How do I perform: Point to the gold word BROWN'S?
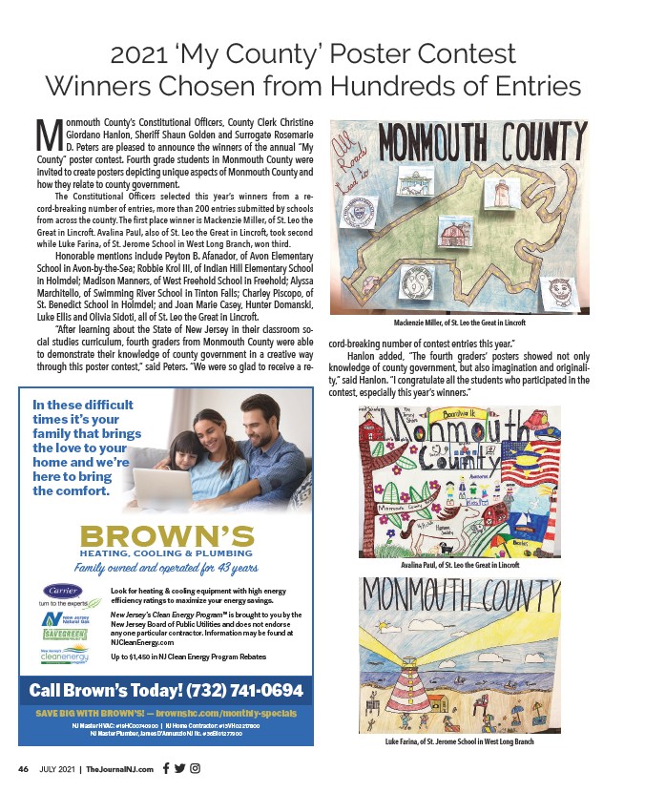point(167,535)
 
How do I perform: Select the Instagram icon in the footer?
point(195,768)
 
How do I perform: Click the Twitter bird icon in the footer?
point(180,768)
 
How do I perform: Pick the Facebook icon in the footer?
point(167,768)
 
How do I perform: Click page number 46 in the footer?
point(25,768)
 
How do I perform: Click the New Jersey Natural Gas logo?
point(64,617)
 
